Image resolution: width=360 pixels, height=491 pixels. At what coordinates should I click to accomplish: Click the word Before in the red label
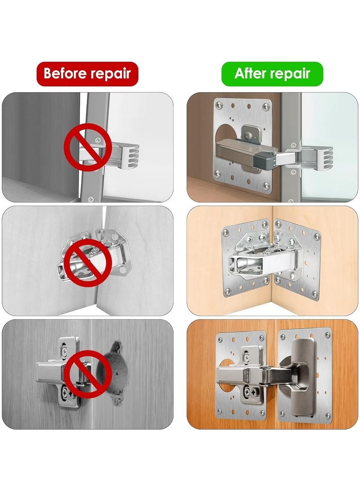pos(64,73)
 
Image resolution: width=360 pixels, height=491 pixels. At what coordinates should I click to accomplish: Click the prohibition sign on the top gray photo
pos(87,147)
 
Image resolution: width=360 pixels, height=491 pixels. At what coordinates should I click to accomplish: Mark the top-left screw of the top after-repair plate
pos(219,104)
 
